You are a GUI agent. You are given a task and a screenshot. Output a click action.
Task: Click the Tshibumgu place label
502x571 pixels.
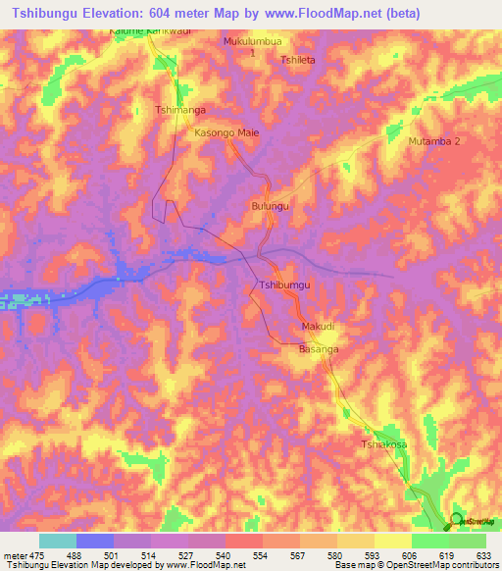pyautogui.click(x=284, y=285)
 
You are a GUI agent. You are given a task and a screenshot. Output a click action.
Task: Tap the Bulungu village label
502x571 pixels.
pyautogui.click(x=271, y=207)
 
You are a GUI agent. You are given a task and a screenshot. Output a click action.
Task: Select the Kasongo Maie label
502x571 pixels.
pyautogui.click(x=226, y=132)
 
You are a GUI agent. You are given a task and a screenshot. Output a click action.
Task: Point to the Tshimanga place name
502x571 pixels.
pyautogui.click(x=180, y=111)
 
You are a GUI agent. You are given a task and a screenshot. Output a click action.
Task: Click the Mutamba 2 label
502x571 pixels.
pyautogui.click(x=433, y=141)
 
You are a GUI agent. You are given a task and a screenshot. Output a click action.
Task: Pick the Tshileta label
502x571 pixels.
pyautogui.click(x=298, y=59)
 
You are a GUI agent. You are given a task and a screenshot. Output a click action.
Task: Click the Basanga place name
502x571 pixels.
pyautogui.click(x=319, y=349)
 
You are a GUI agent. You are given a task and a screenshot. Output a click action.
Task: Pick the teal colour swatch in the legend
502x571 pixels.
pyautogui.click(x=58, y=541)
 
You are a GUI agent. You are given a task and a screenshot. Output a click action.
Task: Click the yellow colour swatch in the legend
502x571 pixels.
pyautogui.click(x=392, y=541)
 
